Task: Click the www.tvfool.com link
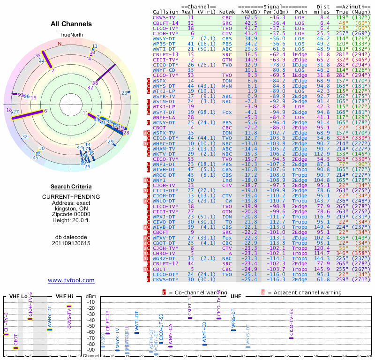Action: (71, 280)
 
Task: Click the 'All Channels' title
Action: (71, 24)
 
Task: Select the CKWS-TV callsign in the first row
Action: (163, 17)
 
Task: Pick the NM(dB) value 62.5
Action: (250, 17)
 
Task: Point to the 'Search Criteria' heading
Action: (71, 187)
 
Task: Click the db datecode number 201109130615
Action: (71, 243)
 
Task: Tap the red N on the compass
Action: (60, 44)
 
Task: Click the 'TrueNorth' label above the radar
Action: (71, 35)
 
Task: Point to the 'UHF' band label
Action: (236, 296)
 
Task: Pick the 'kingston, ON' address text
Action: (71, 209)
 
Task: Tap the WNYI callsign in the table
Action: (160, 180)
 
